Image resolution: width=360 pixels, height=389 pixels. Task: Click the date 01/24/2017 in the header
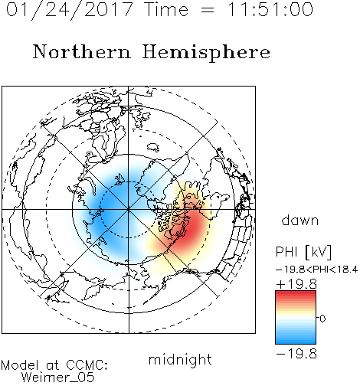coord(70,10)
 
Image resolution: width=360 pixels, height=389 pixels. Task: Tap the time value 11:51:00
coord(270,9)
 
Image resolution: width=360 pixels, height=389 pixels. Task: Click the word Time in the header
coord(166,9)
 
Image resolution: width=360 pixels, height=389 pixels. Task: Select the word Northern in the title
coord(81,51)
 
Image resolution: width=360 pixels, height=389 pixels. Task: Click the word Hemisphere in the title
coord(206,53)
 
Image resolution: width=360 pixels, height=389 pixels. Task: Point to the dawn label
coord(300,220)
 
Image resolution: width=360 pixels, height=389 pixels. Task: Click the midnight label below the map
coord(180,360)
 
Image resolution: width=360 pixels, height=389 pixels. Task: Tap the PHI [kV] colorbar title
coord(303,252)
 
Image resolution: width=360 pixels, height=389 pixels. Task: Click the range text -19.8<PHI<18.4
coord(317,270)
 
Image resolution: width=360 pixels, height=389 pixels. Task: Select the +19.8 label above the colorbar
coord(296,284)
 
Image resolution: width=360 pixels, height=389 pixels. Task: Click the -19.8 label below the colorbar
coord(296,354)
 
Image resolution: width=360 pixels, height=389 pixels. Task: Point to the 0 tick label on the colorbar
coord(322,319)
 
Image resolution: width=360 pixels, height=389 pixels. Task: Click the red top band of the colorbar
coord(296,295)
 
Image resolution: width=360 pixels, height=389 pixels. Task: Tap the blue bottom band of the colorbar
coord(296,339)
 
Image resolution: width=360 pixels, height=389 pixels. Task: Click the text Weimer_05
coord(58,378)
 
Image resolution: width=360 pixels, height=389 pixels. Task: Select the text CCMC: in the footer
coord(87,365)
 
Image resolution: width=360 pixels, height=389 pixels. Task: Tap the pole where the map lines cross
coord(129,210)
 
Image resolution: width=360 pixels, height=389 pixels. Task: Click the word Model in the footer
coord(20,365)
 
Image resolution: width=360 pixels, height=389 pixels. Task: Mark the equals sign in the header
coord(208,11)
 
